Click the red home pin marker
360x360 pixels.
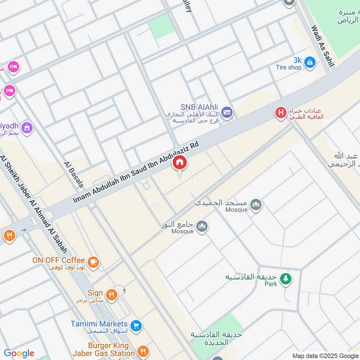click(180, 163)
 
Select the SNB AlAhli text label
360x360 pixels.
click(199, 107)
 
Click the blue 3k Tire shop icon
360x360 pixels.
click(309, 63)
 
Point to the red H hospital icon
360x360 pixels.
click(281, 112)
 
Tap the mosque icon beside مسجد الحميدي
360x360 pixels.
click(256, 205)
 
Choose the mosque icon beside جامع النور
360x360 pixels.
click(202, 226)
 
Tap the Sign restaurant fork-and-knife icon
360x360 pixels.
click(112, 295)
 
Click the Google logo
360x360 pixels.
click(19, 353)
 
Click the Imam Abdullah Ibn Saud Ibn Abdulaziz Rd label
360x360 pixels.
click(136, 173)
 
